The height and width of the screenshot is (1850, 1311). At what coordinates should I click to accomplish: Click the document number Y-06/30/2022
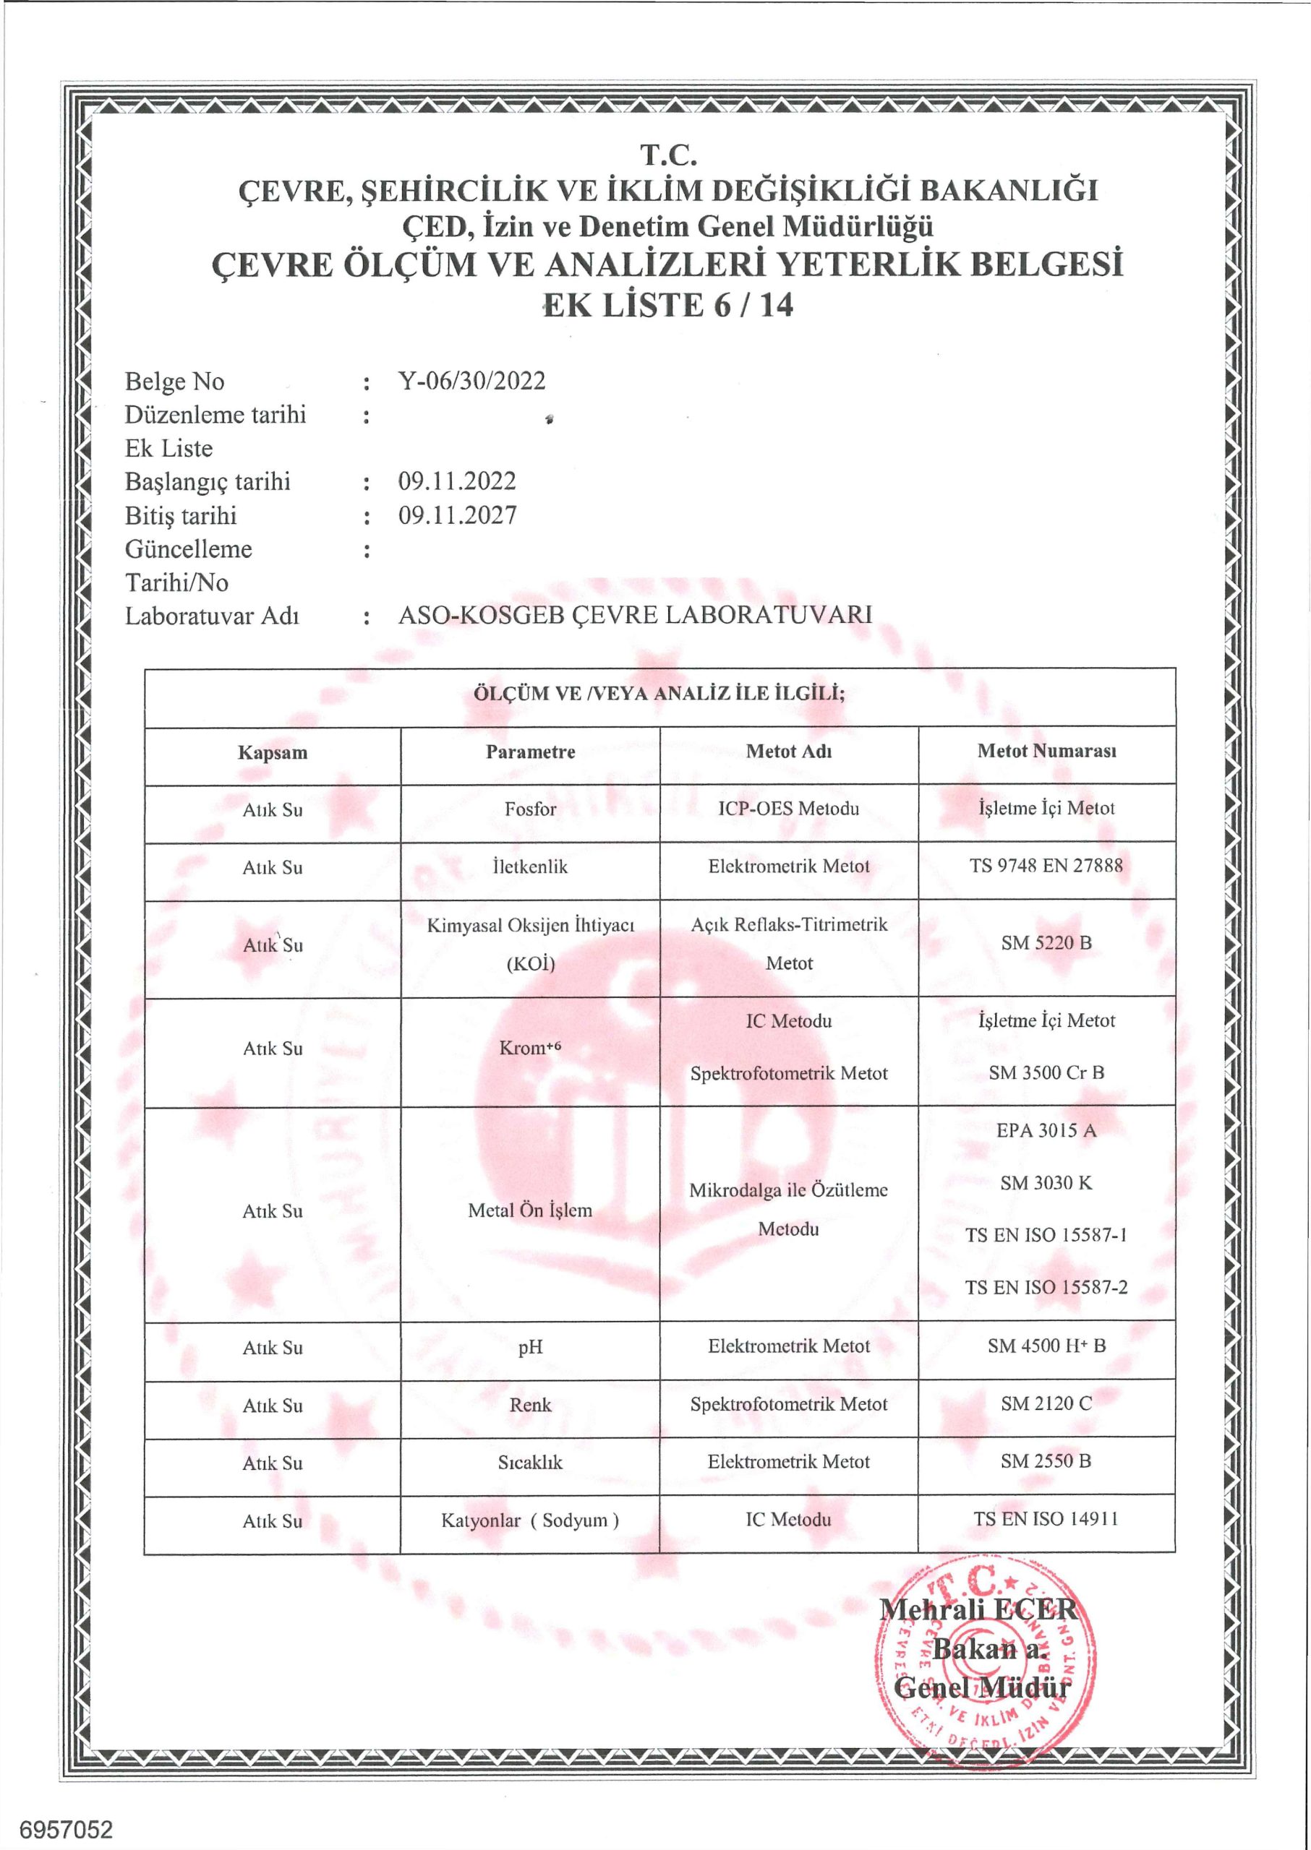[471, 381]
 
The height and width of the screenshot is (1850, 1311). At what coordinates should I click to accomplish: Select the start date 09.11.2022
[457, 482]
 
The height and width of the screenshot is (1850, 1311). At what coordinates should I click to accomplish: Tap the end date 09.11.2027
[457, 515]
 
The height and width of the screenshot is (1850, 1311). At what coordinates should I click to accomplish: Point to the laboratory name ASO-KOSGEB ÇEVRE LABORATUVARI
[634, 615]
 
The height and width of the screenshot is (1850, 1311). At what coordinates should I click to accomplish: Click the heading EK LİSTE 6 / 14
[668, 305]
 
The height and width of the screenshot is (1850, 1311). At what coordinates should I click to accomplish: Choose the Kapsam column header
[272, 753]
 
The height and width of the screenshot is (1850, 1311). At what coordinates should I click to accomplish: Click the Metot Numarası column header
[1046, 751]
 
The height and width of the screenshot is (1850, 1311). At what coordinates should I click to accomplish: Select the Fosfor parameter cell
[530, 809]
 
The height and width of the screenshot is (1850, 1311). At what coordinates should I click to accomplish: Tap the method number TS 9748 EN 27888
[1046, 866]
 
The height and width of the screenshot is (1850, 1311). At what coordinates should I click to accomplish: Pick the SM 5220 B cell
[1046, 942]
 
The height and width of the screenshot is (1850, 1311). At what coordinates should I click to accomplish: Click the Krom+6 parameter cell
[530, 1048]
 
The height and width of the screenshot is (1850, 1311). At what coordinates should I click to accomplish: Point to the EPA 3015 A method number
[1046, 1130]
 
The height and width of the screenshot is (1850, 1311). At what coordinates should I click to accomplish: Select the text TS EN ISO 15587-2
[1046, 1287]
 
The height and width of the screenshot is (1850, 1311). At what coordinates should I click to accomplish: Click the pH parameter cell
[530, 1346]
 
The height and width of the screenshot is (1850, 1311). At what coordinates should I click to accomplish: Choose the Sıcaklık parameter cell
[530, 1462]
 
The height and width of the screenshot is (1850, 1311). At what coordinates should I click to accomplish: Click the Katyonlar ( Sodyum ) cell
[530, 1520]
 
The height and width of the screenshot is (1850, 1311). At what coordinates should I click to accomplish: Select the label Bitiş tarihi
[181, 515]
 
